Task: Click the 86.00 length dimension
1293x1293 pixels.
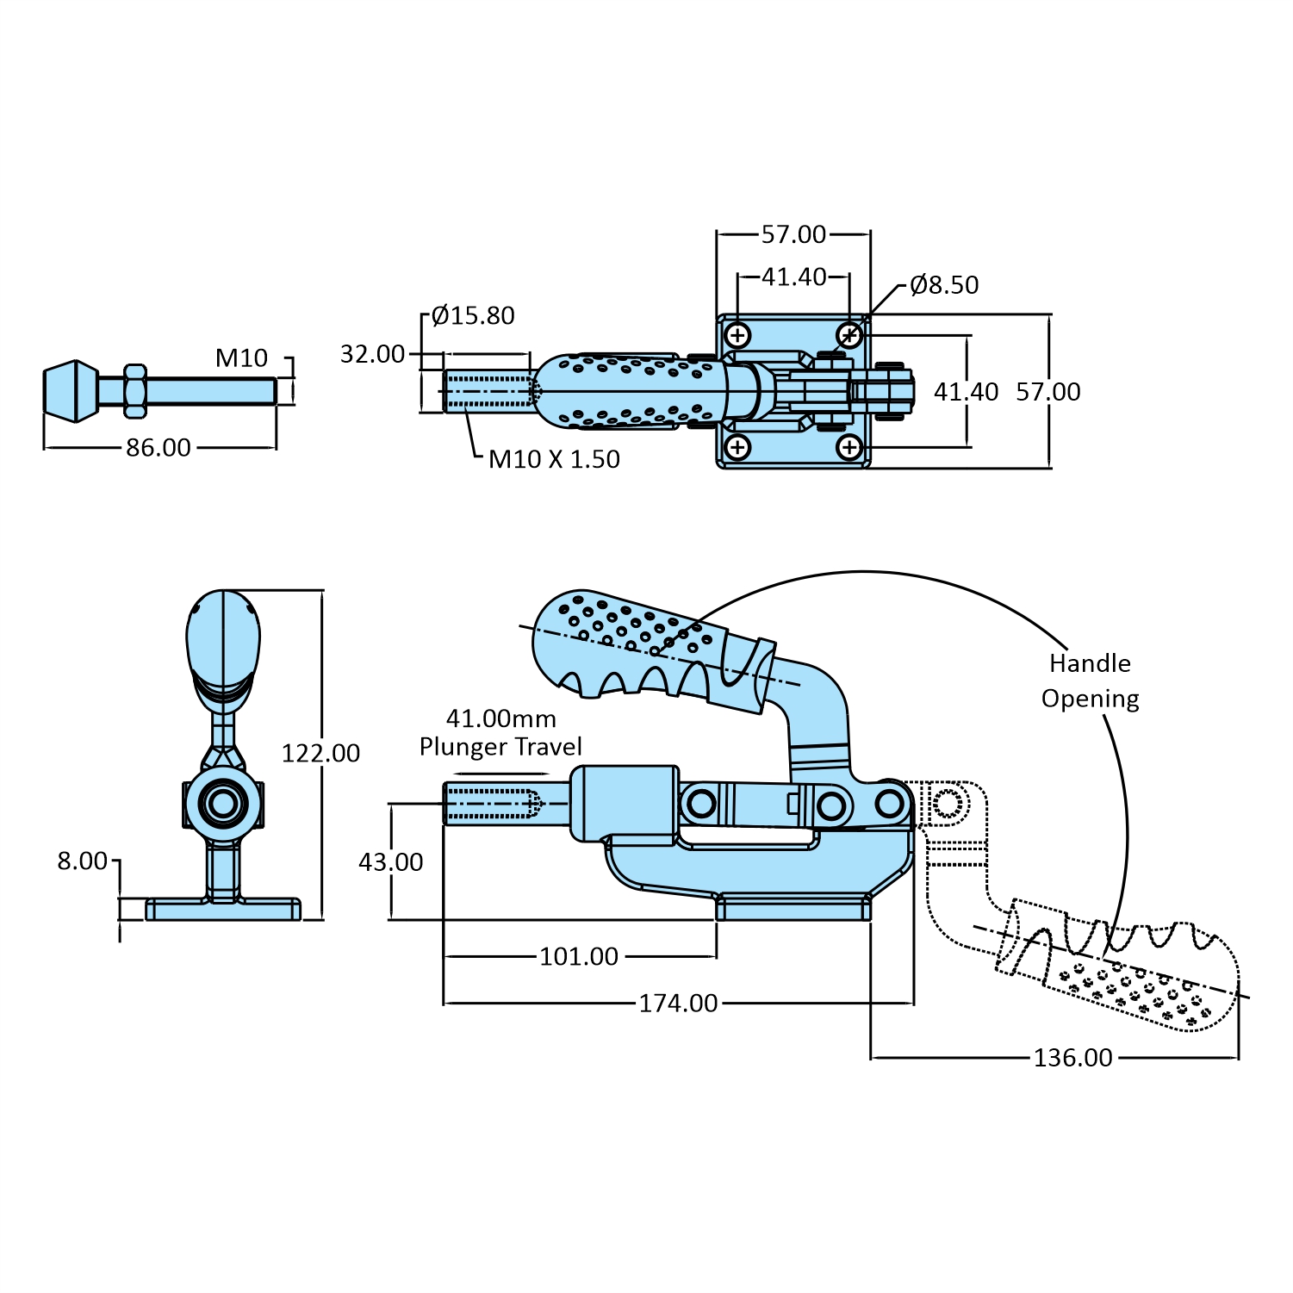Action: coord(159,448)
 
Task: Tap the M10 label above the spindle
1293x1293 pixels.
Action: coord(241,357)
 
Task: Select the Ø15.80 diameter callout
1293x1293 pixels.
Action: coord(473,315)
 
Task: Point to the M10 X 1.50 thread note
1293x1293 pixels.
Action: coord(554,459)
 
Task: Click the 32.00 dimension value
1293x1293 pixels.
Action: coord(372,354)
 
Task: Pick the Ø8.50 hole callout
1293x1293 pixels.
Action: coord(944,285)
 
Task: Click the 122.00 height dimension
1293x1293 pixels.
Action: coord(320,753)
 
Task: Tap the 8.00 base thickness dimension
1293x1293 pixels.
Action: coord(83,861)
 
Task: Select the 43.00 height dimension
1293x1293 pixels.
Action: coord(391,862)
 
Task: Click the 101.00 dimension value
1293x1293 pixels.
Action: coord(579,956)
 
